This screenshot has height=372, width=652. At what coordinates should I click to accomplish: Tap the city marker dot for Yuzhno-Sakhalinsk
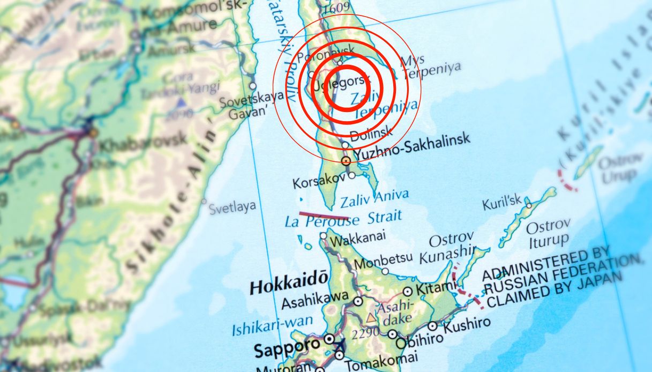(346, 160)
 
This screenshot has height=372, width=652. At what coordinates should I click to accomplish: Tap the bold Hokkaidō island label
(289, 282)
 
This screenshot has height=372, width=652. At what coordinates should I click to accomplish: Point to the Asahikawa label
(315, 300)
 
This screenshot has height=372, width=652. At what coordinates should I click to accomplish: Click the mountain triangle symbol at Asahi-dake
(371, 318)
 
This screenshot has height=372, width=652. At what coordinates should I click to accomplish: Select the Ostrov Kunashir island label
(447, 248)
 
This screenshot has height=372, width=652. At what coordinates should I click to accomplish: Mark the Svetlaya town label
(232, 207)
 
